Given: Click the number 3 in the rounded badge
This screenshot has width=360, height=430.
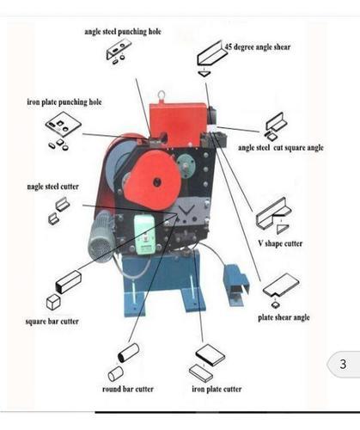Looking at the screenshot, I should click(x=342, y=365).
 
